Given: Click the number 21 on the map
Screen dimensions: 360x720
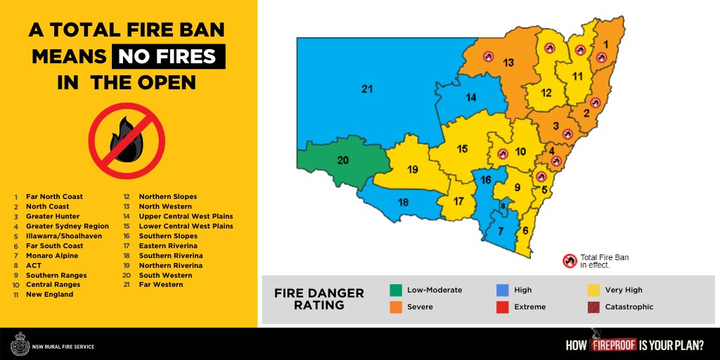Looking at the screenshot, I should pyautogui.click(x=366, y=89).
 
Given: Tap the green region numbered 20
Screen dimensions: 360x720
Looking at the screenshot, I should pyautogui.click(x=343, y=160).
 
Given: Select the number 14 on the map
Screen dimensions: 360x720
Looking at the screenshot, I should pyautogui.click(x=471, y=97).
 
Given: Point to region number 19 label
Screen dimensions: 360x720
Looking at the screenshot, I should pyautogui.click(x=413, y=169).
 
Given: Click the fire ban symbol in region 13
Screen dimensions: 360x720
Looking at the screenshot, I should pyautogui.click(x=488, y=56).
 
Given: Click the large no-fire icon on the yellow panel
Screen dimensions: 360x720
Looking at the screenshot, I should pyautogui.click(x=126, y=141).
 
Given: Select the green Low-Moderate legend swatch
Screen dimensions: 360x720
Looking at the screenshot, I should pyautogui.click(x=396, y=290).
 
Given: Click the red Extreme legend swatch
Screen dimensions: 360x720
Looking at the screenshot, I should pyautogui.click(x=501, y=307).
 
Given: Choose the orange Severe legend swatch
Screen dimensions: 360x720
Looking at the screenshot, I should pyautogui.click(x=396, y=307).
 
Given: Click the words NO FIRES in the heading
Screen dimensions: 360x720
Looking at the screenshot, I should pyautogui.click(x=167, y=56).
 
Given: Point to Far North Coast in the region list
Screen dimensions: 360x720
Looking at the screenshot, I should pyautogui.click(x=54, y=197).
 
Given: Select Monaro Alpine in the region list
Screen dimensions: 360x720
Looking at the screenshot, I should pyautogui.click(x=53, y=256).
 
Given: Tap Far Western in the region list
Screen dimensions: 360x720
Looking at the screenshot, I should pyautogui.click(x=160, y=285).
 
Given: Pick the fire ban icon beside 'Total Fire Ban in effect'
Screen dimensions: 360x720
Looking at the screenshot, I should pyautogui.click(x=569, y=261).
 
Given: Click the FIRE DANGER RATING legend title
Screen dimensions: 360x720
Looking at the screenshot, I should pyautogui.click(x=319, y=298).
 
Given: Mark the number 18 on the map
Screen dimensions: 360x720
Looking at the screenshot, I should pyautogui.click(x=403, y=202).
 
